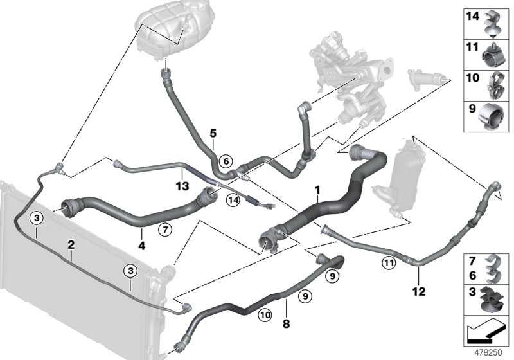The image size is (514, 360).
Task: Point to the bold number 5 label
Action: [212, 134]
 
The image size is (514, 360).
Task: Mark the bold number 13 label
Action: [182, 186]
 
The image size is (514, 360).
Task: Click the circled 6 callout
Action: [224, 161]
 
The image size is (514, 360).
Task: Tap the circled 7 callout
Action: [164, 228]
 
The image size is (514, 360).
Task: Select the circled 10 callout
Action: [265, 314]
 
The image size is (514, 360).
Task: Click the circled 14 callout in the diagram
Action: [233, 201]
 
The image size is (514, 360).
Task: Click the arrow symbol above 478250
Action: [487, 331]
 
